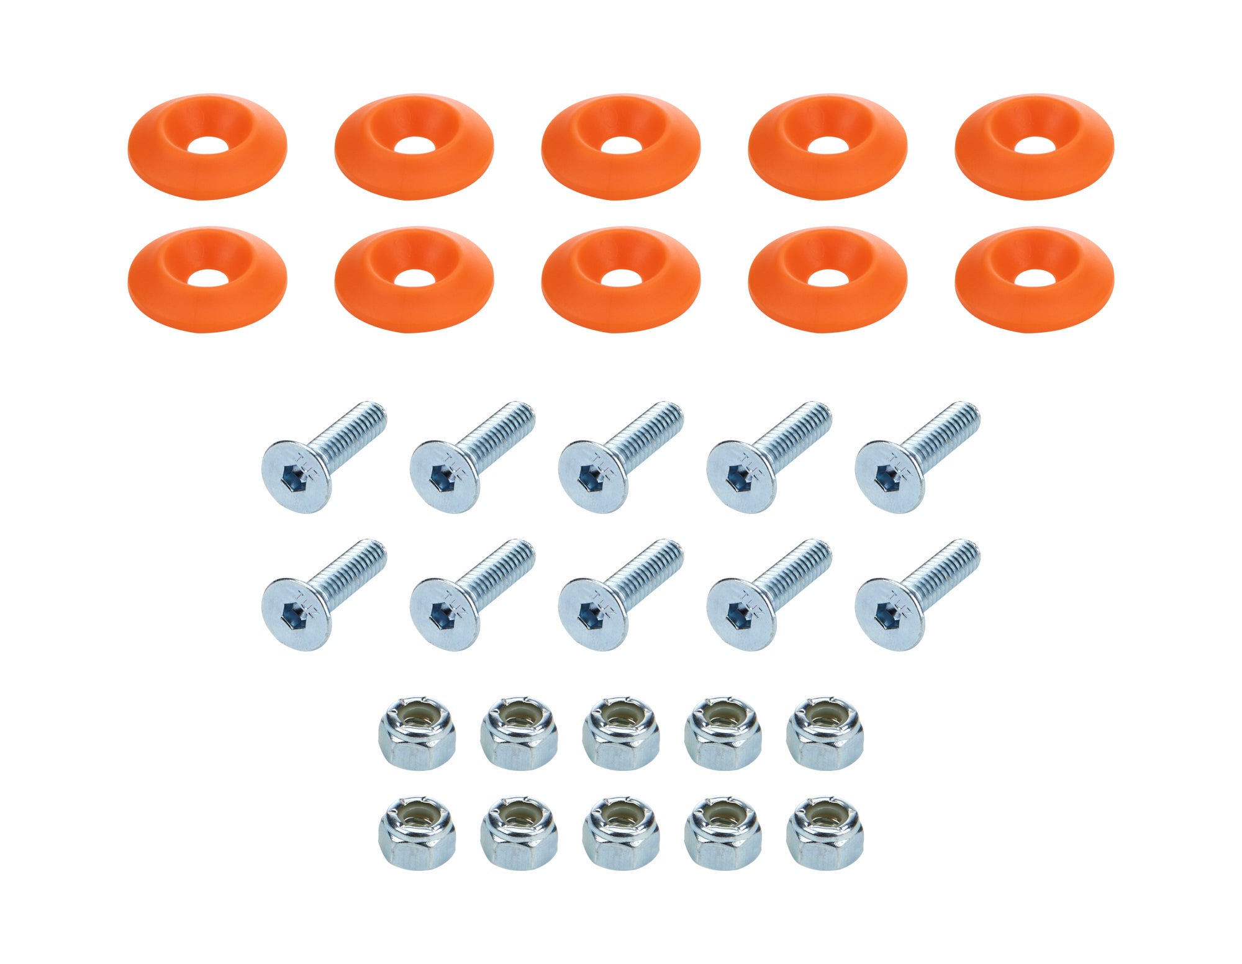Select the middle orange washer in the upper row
(620, 146)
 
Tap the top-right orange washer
(1034, 146)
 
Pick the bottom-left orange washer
(207, 279)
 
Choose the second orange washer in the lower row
(414, 279)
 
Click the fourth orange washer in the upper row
(827, 146)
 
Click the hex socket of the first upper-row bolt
(291, 478)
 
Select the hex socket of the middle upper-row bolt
(588, 478)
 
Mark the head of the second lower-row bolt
(444, 615)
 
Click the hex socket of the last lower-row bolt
(885, 615)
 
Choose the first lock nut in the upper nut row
(417, 733)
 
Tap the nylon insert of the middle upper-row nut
(621, 718)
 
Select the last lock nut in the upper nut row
(825, 733)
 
